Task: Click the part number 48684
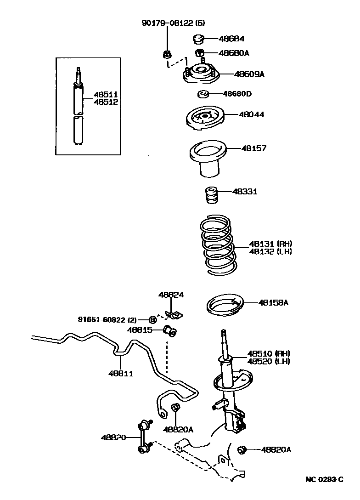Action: pos(232,39)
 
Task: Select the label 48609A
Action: pos(249,74)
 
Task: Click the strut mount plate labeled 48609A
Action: pos(201,74)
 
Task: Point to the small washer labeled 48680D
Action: pos(202,95)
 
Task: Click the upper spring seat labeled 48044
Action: pos(205,118)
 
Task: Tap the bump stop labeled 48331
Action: pos(211,196)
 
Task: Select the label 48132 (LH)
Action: pos(270,251)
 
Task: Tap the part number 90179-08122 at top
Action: pos(167,22)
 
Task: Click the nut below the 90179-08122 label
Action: pos(167,55)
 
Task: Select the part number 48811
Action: pos(120,373)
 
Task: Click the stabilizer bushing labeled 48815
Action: pos(170,330)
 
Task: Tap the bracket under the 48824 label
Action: pos(173,315)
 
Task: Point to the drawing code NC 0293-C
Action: pos(325,480)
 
